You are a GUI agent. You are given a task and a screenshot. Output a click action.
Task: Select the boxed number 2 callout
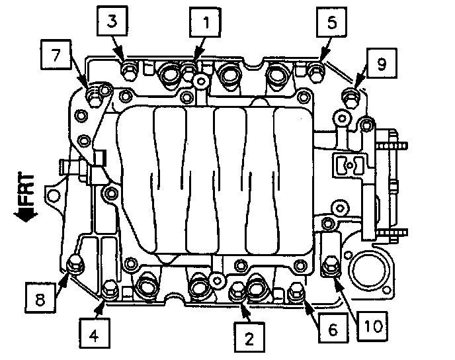coord(249,338)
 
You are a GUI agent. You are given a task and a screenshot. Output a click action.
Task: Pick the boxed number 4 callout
coord(94,335)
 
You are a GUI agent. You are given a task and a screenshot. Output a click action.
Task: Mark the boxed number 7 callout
coord(57,56)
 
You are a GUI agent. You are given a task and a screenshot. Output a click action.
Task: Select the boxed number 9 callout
coord(382,64)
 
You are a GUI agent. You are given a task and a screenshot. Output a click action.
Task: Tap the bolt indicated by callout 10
coord(329,267)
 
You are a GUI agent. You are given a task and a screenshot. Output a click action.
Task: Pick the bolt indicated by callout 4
coord(110,288)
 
